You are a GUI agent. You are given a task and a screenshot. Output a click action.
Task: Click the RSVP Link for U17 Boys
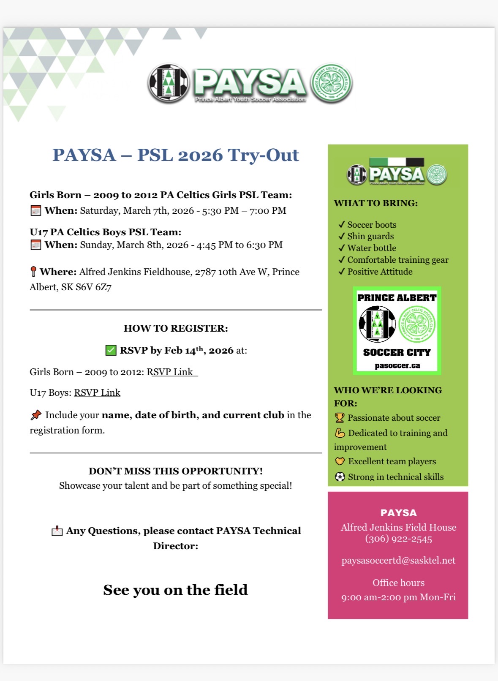coord(97,393)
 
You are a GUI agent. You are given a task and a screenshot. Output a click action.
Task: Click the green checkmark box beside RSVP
coord(111,350)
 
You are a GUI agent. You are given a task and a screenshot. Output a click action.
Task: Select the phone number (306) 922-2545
coord(398,539)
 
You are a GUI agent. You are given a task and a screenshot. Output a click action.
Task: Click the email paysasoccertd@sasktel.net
coord(398,561)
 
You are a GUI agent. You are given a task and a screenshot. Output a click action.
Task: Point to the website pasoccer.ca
coord(397,365)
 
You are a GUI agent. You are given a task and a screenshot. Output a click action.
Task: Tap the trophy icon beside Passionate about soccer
coord(340,418)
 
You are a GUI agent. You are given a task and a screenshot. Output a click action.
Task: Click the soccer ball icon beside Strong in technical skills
coord(340,477)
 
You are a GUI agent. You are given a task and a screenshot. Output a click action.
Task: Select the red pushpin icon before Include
coord(36,415)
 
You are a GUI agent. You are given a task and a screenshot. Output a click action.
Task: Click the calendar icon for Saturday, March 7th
coord(36,211)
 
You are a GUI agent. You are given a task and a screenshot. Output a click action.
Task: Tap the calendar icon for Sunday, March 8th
coord(36,245)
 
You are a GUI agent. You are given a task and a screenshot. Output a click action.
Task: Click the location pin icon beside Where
coord(33,272)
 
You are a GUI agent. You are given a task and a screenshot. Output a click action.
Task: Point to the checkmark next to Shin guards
coord(341,236)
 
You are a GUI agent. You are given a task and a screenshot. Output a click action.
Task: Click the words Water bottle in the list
coord(372,248)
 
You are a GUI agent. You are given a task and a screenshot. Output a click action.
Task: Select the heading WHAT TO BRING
coord(376,203)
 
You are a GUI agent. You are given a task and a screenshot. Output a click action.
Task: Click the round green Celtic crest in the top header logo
coord(331,84)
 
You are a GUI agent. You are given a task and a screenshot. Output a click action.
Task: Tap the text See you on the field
coord(175,590)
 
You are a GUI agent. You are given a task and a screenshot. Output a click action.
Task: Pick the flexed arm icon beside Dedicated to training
coord(340,433)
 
